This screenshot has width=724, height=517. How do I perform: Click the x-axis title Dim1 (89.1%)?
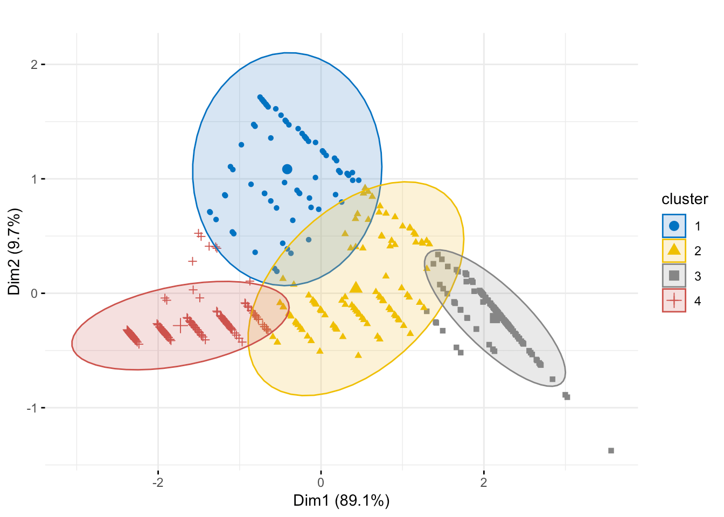(x=341, y=501)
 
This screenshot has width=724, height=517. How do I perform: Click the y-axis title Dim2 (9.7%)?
(x=14, y=251)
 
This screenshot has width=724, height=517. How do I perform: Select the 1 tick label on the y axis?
(x=34, y=179)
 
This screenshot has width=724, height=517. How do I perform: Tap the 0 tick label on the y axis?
(x=34, y=294)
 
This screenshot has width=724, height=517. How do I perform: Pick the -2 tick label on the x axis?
(x=157, y=481)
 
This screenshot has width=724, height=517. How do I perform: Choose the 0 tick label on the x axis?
(x=321, y=481)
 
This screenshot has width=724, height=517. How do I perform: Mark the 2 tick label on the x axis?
(x=484, y=481)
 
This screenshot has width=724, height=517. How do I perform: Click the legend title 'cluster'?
(x=684, y=199)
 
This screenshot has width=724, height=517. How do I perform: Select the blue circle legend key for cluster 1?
(x=674, y=226)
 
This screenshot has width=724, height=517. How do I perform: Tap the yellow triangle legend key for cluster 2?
(x=674, y=250)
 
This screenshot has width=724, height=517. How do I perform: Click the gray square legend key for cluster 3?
(x=674, y=276)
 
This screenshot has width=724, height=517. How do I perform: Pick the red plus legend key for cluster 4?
(x=674, y=301)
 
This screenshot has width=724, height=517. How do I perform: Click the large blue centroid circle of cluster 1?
(x=287, y=169)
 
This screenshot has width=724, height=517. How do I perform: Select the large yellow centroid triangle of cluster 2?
(x=356, y=287)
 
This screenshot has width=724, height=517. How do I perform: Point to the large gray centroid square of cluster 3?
(x=495, y=318)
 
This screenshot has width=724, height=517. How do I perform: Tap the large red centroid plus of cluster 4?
(x=180, y=325)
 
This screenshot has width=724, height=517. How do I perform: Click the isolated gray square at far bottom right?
(x=611, y=450)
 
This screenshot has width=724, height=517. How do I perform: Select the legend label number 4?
(x=698, y=301)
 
